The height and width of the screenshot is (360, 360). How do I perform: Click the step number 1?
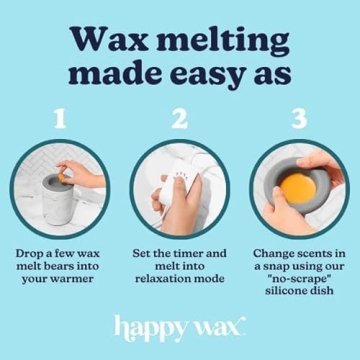61,120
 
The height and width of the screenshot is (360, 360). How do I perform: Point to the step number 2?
180,120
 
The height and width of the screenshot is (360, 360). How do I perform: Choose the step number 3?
298,120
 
